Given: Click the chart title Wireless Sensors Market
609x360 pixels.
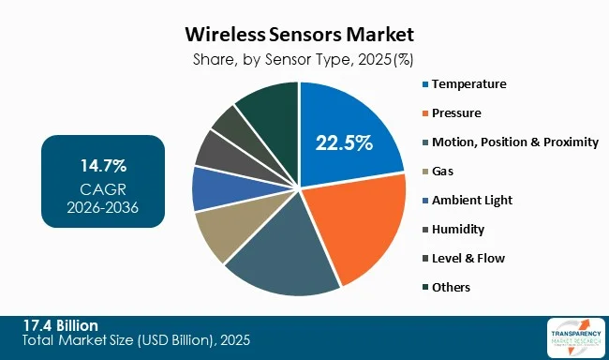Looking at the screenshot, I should point(299,36).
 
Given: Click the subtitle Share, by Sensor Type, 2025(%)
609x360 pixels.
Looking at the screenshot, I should point(299,58).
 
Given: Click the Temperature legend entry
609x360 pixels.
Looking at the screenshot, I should point(468,84).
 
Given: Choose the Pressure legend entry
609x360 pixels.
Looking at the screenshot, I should point(456,113).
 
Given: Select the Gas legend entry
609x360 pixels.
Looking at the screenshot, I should point(444,172).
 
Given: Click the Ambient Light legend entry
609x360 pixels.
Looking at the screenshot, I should point(471,201).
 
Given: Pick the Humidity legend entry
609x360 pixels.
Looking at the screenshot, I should point(459,229).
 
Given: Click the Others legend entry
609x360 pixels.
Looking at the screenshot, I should point(451,287).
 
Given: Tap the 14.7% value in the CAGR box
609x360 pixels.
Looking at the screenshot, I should point(103,166).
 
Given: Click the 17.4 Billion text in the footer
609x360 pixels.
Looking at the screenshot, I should point(60,324).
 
